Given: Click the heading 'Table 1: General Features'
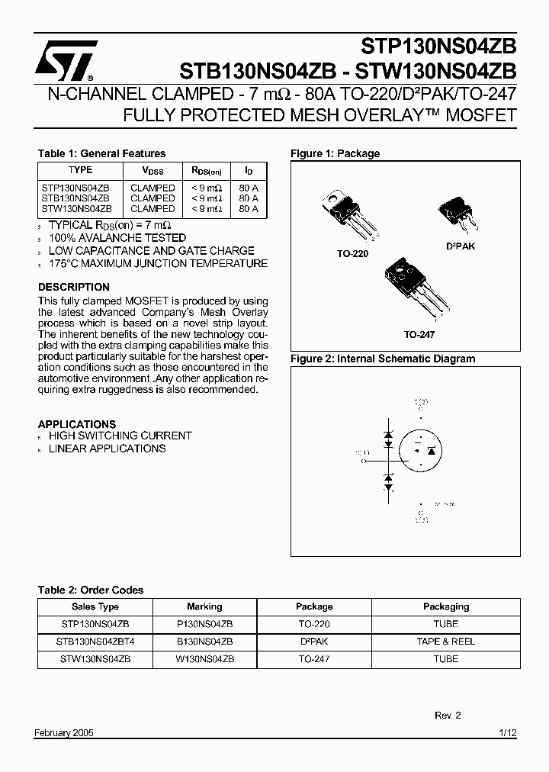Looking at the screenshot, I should (101, 153).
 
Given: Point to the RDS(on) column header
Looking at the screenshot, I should (207, 171).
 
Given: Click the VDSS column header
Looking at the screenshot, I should (152, 171).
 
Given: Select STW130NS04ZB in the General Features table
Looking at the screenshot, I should (76, 208).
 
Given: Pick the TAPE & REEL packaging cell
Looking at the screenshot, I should (445, 642).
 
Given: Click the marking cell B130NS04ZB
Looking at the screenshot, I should (204, 642).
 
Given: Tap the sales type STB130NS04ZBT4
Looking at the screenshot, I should (95, 642).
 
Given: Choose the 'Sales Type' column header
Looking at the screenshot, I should (95, 606).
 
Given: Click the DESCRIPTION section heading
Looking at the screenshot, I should (74, 287).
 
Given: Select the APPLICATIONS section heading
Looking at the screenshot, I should (77, 423).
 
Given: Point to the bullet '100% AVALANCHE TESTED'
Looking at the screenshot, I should (106, 238).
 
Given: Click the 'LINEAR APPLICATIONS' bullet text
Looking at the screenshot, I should (107, 449).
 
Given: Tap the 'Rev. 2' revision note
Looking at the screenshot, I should (448, 716).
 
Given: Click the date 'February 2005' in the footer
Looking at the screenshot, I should (64, 733).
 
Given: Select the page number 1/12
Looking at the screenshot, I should (507, 733).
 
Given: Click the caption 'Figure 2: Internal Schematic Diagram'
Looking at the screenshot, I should (382, 359).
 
